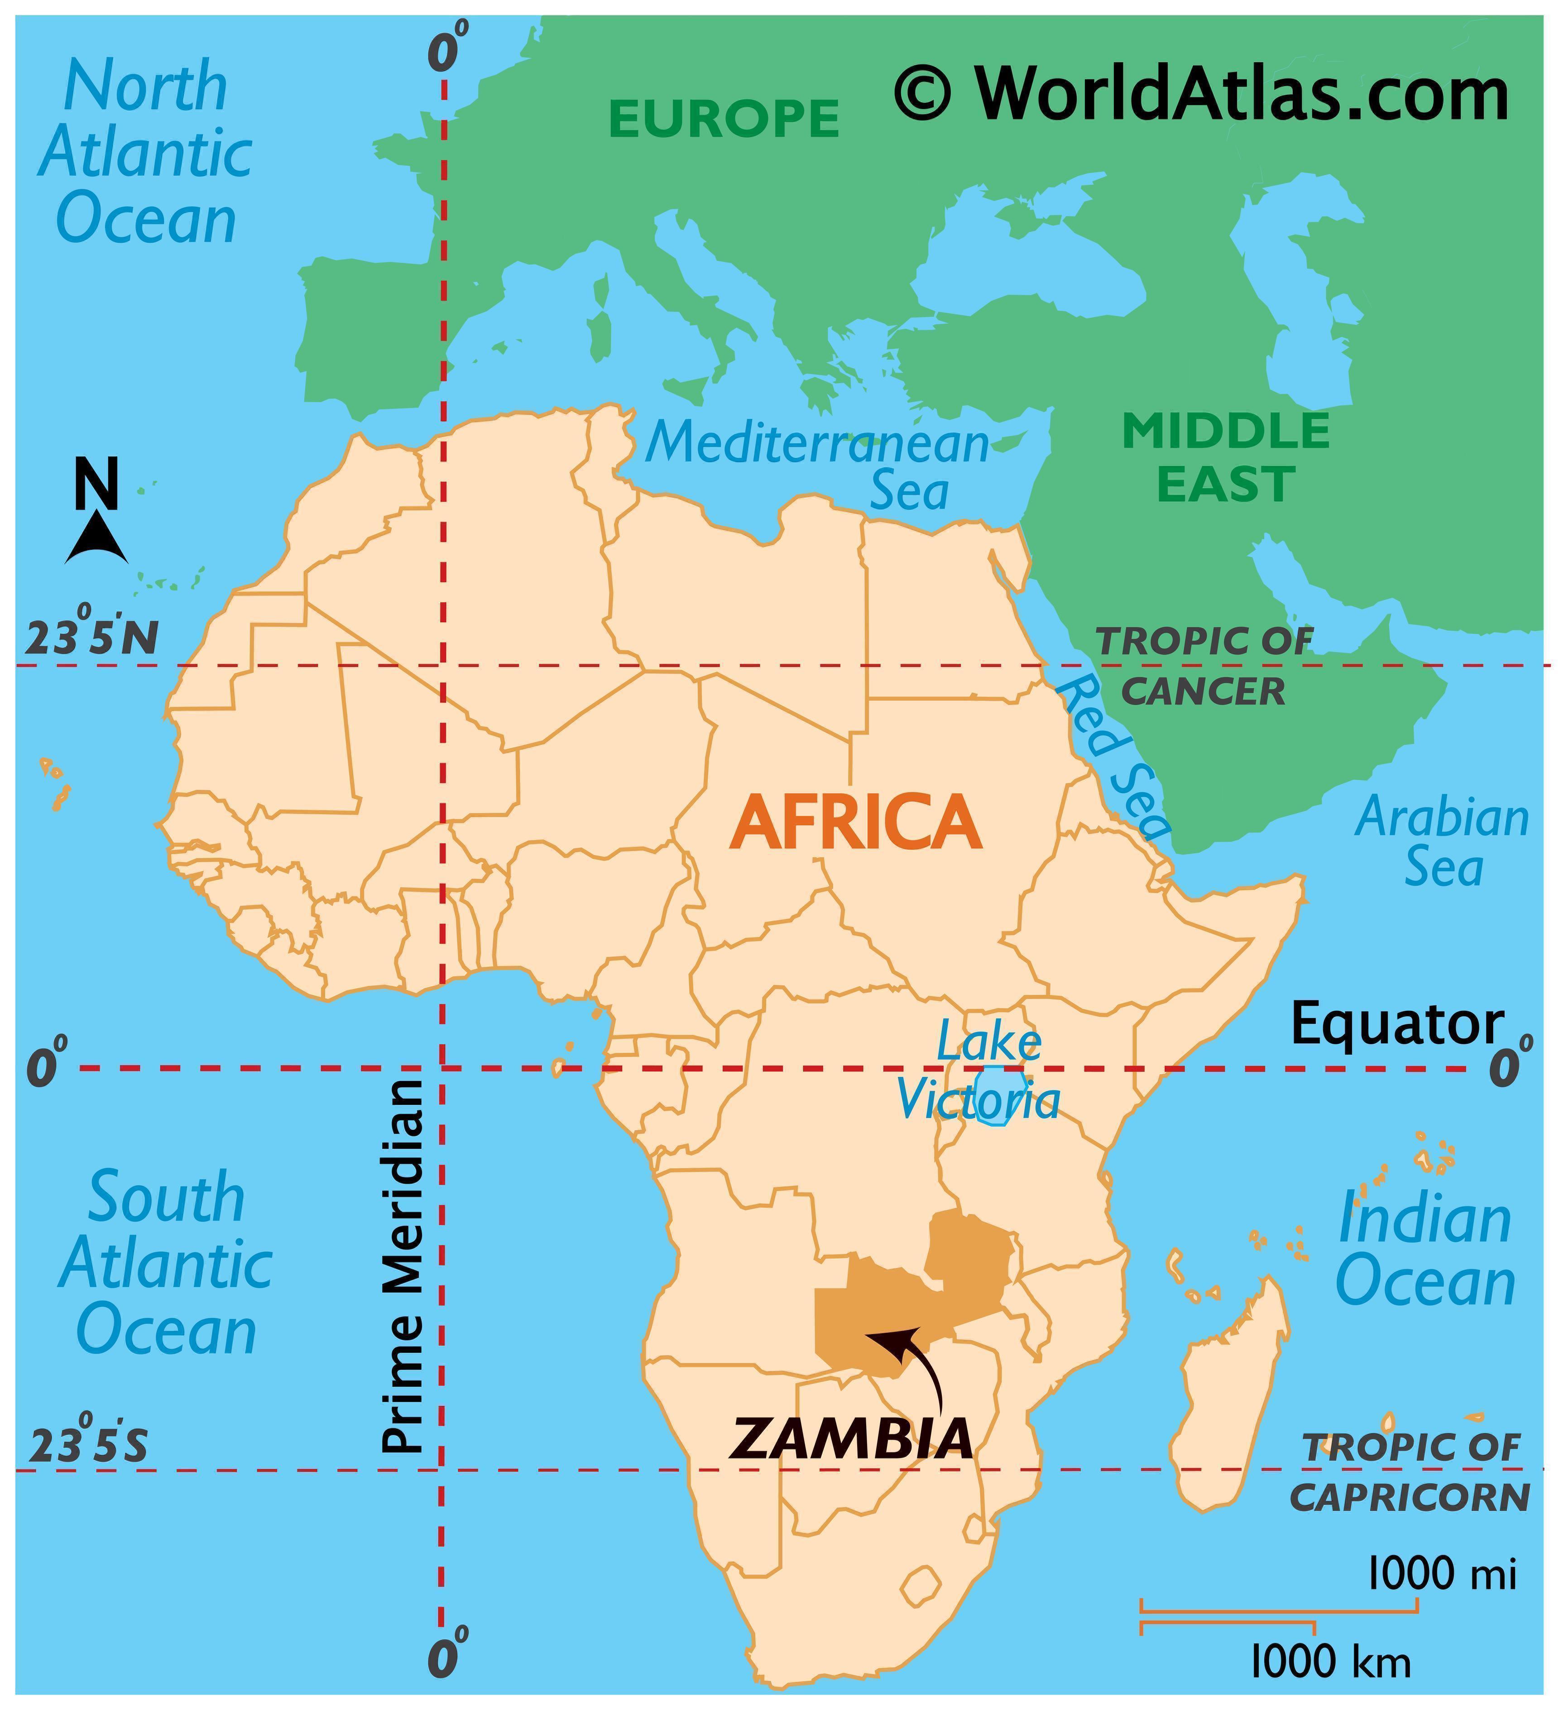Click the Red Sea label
coord(1113,757)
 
